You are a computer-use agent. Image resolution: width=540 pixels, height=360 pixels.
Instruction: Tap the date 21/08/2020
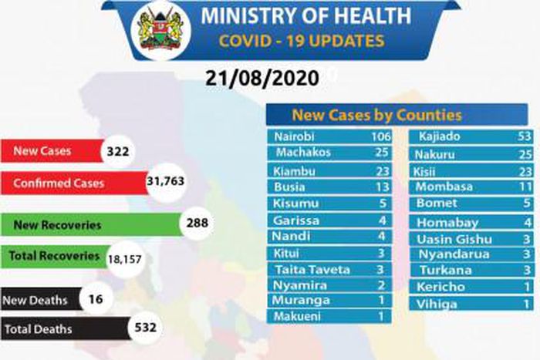click(262, 78)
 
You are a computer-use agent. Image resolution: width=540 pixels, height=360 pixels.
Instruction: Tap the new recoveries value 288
click(198, 224)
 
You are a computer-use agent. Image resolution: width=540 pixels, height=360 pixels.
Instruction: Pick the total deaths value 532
click(144, 328)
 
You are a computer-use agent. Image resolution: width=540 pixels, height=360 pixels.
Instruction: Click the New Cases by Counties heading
click(376, 116)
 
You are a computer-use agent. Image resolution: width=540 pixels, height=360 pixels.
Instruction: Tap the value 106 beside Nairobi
click(378, 137)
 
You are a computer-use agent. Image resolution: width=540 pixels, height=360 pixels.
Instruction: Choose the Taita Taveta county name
click(312, 269)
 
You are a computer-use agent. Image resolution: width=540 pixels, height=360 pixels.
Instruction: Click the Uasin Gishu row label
click(453, 239)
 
